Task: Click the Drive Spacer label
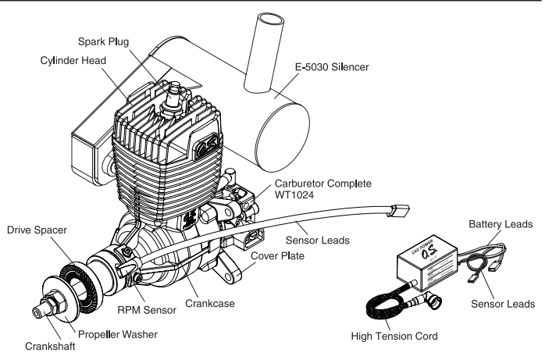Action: click(37, 231)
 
